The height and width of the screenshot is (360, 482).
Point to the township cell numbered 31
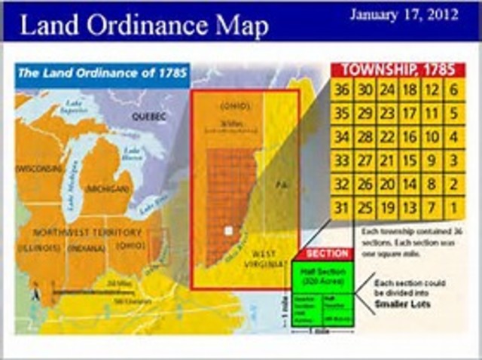(x=343, y=206)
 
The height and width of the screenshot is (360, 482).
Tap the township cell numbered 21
(x=388, y=160)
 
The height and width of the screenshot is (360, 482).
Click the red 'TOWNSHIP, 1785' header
(x=398, y=70)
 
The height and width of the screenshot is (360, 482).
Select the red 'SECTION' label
(x=327, y=255)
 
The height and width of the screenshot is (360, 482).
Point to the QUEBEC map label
(x=149, y=117)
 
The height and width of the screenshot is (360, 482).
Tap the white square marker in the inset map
(x=228, y=231)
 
